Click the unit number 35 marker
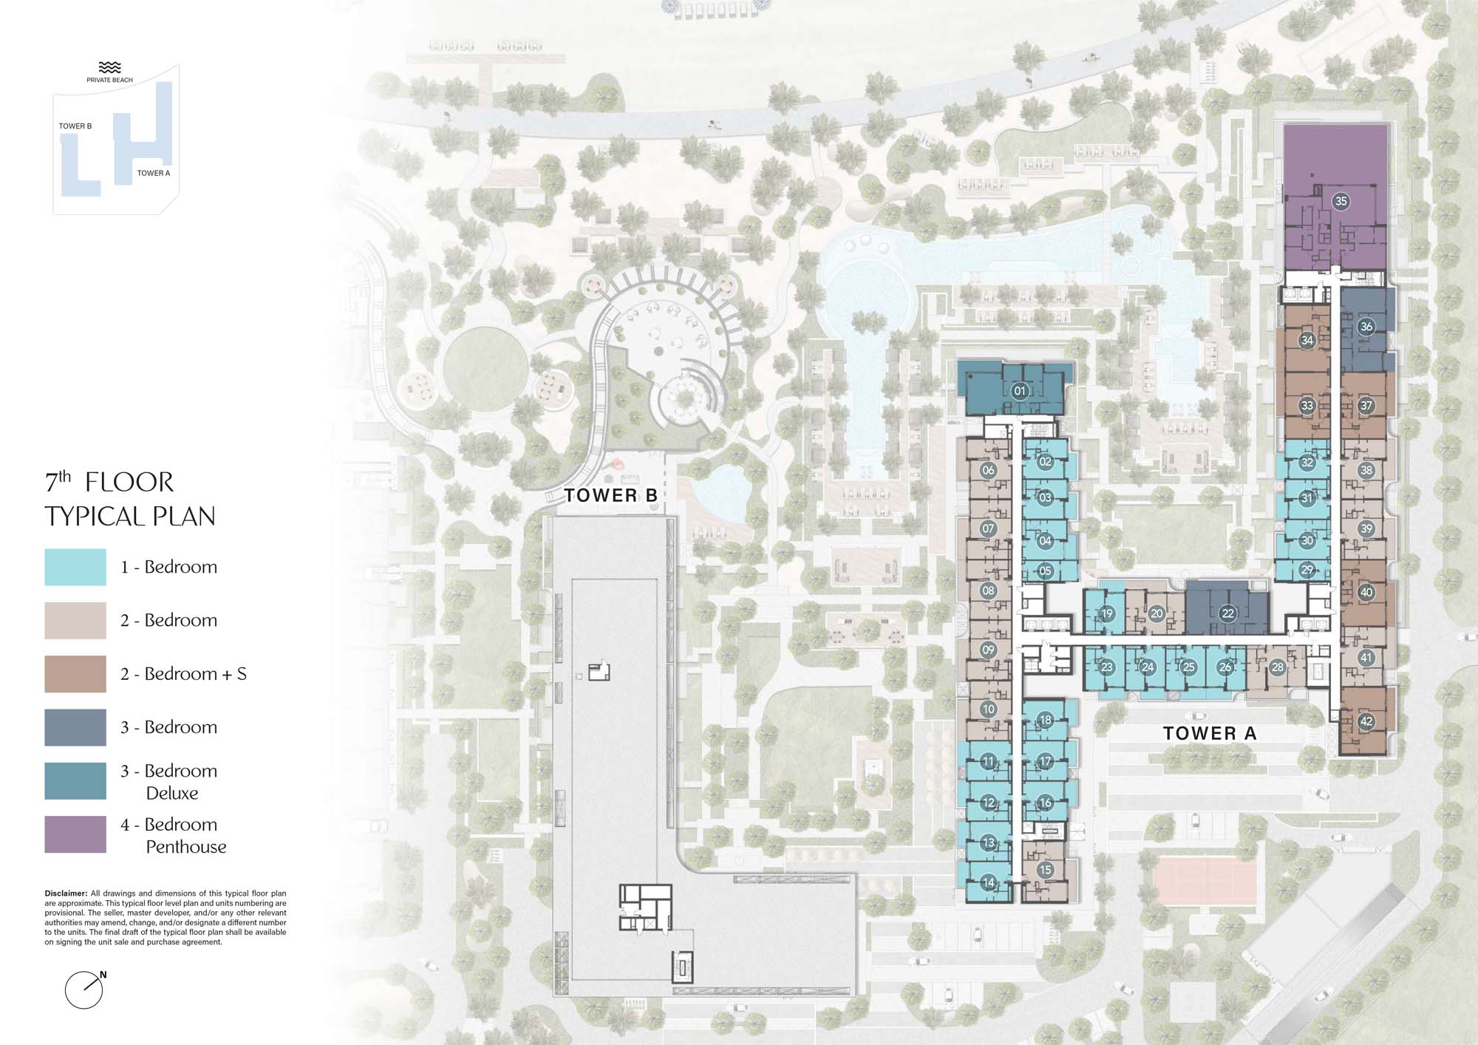pyautogui.click(x=1341, y=201)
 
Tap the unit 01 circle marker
pyautogui.click(x=1020, y=391)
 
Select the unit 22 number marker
pyautogui.click(x=1228, y=613)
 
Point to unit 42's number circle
pyautogui.click(x=1366, y=722)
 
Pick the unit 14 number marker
pyautogui.click(x=988, y=882)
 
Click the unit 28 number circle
pyautogui.click(x=1277, y=667)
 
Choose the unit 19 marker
pyautogui.click(x=1106, y=613)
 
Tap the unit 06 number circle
pyautogui.click(x=988, y=470)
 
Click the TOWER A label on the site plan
pyautogui.click(x=1210, y=733)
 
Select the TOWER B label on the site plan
pyautogui.click(x=611, y=495)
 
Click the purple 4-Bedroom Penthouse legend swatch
pyautogui.click(x=75, y=834)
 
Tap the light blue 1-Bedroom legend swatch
pyautogui.click(x=75, y=567)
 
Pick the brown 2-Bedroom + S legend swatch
pyautogui.click(x=75, y=674)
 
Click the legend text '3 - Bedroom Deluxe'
pyautogui.click(x=169, y=782)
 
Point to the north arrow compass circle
pyautogui.click(x=84, y=990)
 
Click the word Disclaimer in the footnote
pyautogui.click(x=66, y=893)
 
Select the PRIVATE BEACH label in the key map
pyautogui.click(x=109, y=80)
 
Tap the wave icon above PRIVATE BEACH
pyautogui.click(x=109, y=67)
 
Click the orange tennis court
pyautogui.click(x=1204, y=879)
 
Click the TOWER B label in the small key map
pyautogui.click(x=75, y=126)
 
